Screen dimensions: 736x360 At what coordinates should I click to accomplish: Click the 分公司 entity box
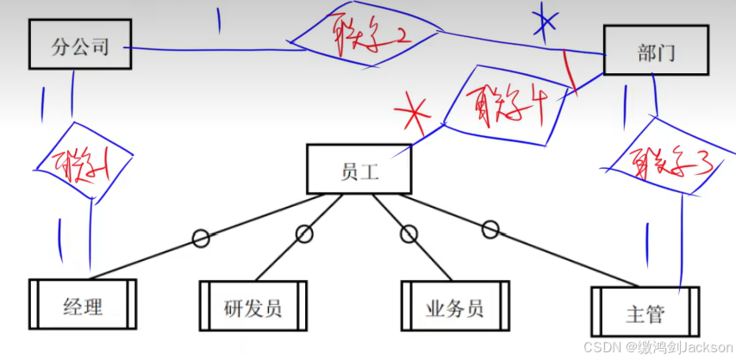pyautogui.click(x=80, y=45)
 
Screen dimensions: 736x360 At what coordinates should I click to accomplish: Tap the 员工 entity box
pyautogui.click(x=359, y=168)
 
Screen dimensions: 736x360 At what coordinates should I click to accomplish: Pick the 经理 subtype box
pyautogui.click(x=84, y=303)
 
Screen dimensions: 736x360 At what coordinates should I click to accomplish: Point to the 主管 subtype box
pyautogui.click(x=644, y=311)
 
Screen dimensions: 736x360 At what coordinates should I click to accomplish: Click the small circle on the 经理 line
pyautogui.click(x=200, y=238)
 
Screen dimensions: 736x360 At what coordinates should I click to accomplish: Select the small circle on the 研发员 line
pyautogui.click(x=303, y=233)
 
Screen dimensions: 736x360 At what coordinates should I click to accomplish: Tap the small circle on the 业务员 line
pyautogui.click(x=409, y=233)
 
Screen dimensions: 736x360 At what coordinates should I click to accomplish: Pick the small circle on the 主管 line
pyautogui.click(x=490, y=229)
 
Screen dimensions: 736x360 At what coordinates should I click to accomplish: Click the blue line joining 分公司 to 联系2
pyautogui.click(x=215, y=48)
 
